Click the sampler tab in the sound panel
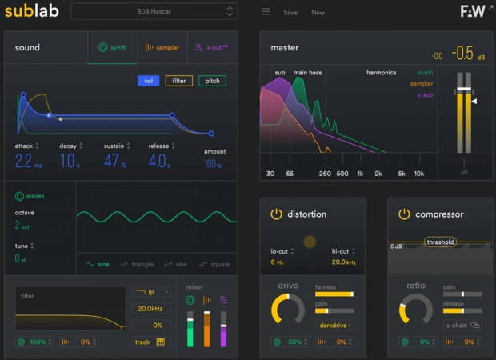(162, 47)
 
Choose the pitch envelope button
(212, 81)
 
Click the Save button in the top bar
(290, 12)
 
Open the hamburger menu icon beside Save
(266, 12)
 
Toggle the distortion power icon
(276, 214)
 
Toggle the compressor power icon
(404, 214)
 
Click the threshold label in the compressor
(440, 242)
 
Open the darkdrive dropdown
(336, 325)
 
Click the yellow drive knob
(288, 311)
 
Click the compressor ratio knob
(416, 311)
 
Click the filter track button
(149, 342)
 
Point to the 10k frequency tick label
(418, 173)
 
